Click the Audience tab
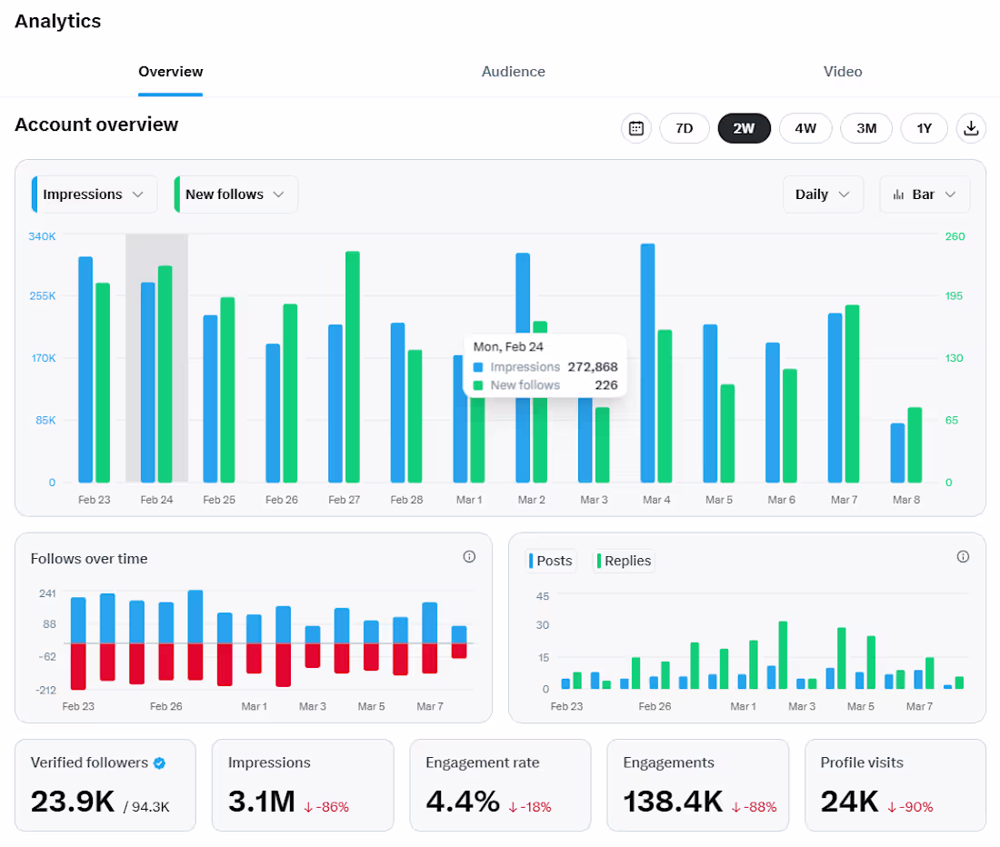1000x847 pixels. pos(513,72)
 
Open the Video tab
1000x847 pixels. pos(843,72)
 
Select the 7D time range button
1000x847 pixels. pos(685,128)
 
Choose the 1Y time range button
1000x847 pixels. pos(925,128)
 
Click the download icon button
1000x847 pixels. pos(971,128)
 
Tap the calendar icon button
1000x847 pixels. pos(635,128)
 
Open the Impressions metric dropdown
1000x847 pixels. pos(94,194)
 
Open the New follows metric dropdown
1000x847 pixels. pos(235,194)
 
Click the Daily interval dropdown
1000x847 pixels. pos(823,194)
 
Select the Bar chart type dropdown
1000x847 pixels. pos(925,194)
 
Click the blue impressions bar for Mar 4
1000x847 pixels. pos(647,363)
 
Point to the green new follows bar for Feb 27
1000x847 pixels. pos(353,366)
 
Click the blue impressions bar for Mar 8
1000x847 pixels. pos(897,453)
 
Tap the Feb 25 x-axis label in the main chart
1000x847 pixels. pos(219,500)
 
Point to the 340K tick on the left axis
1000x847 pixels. pos(42,236)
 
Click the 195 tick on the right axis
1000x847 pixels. pos(954,295)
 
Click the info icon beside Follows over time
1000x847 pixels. pos(469,557)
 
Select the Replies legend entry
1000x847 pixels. pos(624,561)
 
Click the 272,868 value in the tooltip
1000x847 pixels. pos(593,367)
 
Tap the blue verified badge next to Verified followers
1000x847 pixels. pos(159,762)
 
